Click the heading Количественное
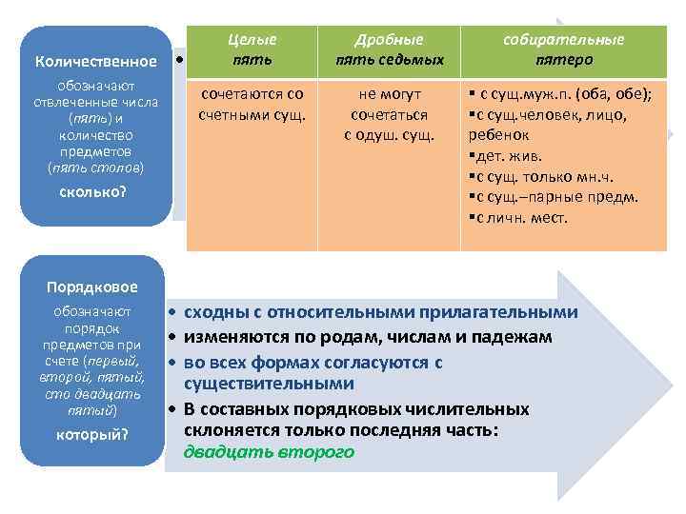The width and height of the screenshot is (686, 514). click(95, 62)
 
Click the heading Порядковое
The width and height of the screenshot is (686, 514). click(92, 287)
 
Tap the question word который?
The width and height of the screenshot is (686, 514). click(92, 435)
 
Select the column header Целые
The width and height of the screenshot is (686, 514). click(252, 40)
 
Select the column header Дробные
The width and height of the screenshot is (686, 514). click(389, 40)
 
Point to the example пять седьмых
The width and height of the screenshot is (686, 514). click(389, 60)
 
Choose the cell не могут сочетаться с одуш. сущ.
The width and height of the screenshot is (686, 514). click(389, 115)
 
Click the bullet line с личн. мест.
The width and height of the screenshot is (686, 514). click(518, 219)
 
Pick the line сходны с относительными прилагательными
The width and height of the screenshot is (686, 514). click(380, 313)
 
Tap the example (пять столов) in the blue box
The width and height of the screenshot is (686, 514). click(95, 168)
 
